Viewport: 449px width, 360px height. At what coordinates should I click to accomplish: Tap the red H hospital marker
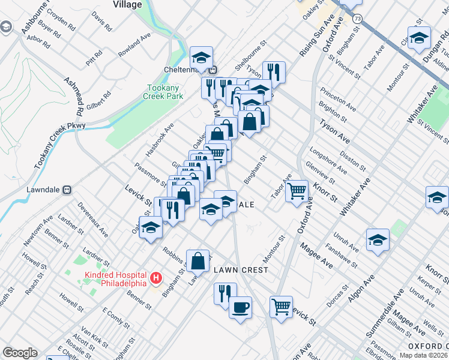pos(156,278)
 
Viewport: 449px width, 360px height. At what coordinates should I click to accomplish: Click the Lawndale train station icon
pos(67,189)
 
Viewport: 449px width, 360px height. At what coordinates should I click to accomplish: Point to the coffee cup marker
pos(241,308)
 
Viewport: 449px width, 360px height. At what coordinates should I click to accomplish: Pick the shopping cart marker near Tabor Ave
pos(297,191)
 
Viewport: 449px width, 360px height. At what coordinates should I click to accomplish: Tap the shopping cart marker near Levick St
pos(281,307)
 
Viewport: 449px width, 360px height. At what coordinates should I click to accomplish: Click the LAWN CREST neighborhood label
pos(241,270)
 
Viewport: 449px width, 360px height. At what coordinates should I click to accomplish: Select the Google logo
pos(20,353)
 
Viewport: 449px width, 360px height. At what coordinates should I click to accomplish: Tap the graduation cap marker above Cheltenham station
pos(201,58)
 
